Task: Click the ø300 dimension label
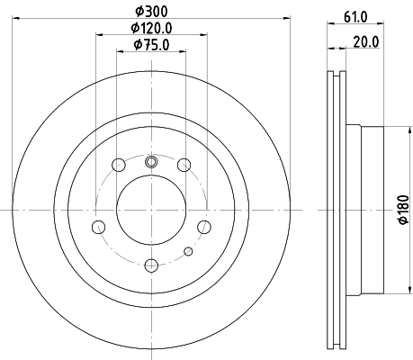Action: [x=151, y=12]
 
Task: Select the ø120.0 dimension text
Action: [x=151, y=28]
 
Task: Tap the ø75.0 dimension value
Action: [x=151, y=45]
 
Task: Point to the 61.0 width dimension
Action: [x=355, y=17]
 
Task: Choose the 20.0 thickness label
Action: [x=366, y=42]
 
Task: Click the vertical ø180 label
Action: [x=404, y=210]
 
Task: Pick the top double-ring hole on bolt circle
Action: [x=151, y=162]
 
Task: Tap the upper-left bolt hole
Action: [x=119, y=165]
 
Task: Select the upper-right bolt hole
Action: [x=184, y=165]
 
